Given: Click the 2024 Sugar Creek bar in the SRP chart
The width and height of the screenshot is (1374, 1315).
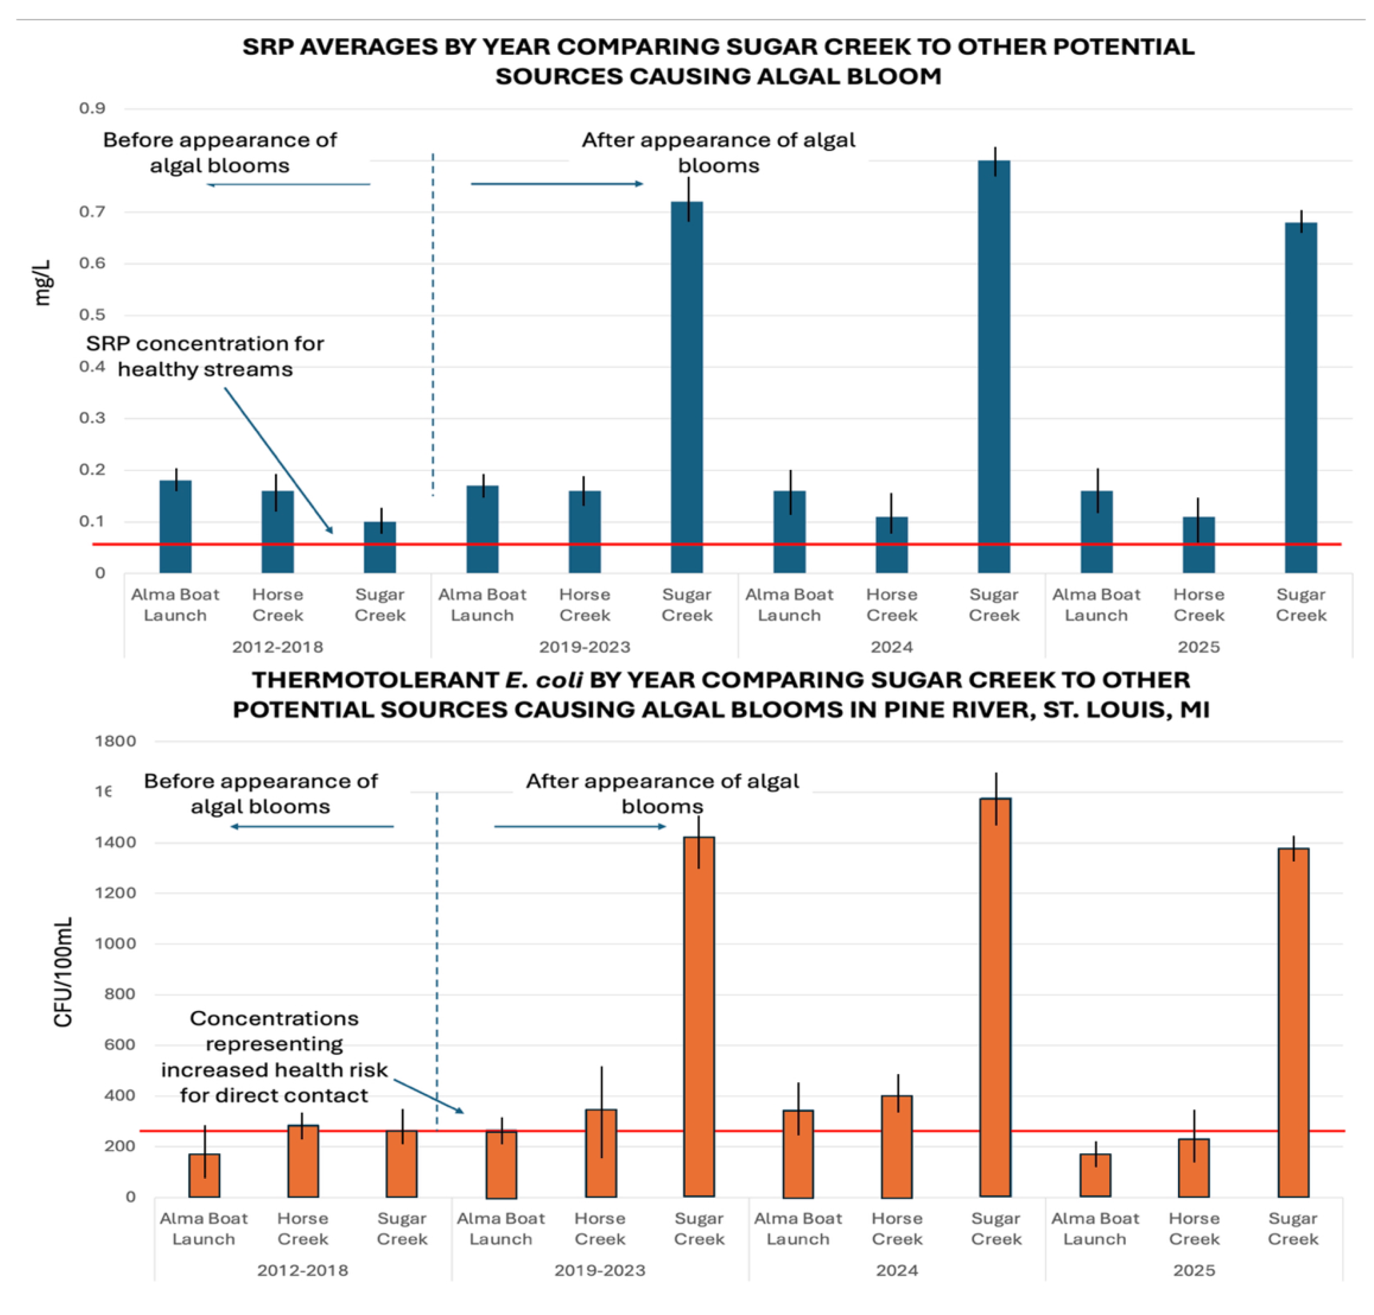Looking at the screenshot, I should [994, 365].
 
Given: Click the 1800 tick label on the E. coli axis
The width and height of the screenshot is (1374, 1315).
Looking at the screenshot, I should [115, 741].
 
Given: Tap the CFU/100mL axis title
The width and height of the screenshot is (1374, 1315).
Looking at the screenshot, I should [63, 972].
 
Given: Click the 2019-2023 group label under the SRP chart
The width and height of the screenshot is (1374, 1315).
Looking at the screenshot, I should [584, 646].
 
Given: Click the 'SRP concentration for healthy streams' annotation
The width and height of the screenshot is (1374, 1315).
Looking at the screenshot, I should [205, 356].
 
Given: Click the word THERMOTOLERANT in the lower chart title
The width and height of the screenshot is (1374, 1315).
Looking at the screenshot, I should [375, 680].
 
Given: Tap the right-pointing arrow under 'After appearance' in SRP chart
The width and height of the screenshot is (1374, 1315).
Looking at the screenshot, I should [556, 184].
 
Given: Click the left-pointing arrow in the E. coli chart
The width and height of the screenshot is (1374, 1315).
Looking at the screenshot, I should [312, 827].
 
